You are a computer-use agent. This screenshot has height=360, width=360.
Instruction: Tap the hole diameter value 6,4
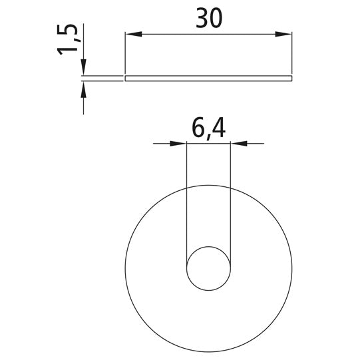tap(208, 128)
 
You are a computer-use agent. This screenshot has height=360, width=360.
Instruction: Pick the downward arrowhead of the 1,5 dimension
tap(83, 69)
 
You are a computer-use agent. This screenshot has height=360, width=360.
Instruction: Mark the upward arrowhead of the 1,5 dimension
tap(83, 89)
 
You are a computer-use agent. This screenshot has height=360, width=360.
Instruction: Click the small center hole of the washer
tap(209, 270)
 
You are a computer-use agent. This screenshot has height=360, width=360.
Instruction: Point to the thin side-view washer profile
tap(209, 79)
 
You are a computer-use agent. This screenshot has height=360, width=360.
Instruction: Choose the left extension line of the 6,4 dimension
tap(187, 200)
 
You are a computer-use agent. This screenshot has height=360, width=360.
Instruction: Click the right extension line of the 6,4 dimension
tap(231, 200)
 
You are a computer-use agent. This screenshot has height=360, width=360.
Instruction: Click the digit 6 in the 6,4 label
tap(197, 128)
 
